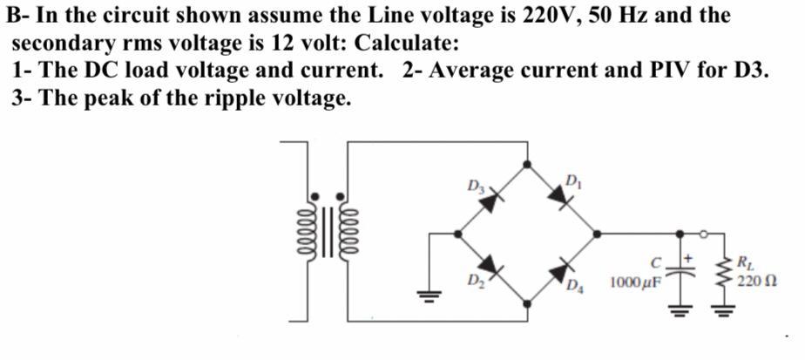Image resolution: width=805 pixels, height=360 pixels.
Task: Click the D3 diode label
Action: point(476,185)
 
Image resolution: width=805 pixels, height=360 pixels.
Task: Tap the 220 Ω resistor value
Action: point(755,281)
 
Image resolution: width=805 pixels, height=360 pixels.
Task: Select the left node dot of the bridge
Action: point(458,233)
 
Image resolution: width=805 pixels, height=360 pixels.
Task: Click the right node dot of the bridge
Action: point(596,233)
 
